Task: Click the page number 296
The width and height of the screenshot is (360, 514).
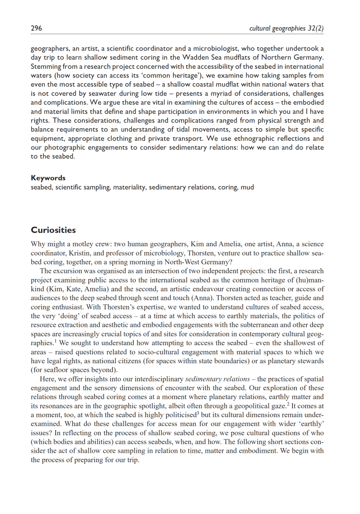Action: (x=36, y=28)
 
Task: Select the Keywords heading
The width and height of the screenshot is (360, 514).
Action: (x=48, y=178)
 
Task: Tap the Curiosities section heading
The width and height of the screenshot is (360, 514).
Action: (x=53, y=230)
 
